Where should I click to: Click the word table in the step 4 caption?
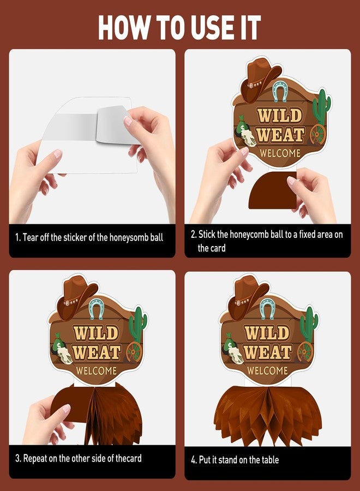(x=269, y=460)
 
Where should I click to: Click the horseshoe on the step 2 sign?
(x=280, y=91)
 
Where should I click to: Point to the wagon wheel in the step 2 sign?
(x=318, y=135)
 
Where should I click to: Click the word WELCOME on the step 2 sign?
(x=280, y=153)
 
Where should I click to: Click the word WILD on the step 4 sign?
(x=267, y=333)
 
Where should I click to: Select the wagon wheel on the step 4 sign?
(x=305, y=352)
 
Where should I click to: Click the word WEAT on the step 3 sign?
(x=97, y=352)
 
